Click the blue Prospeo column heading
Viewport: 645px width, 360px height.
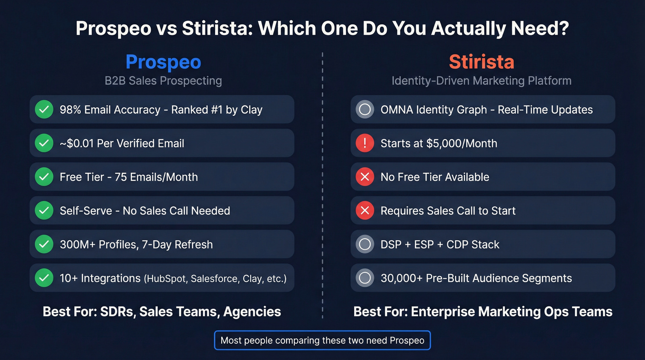click(x=163, y=62)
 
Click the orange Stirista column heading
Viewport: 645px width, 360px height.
click(x=481, y=62)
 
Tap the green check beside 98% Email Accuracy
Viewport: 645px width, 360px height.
click(x=44, y=110)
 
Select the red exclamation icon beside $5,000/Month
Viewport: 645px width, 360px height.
click(x=365, y=143)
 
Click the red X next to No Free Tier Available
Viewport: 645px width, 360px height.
click(x=365, y=177)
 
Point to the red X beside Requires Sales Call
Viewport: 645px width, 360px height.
click(x=365, y=211)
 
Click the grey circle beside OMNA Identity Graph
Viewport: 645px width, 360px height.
click(x=365, y=110)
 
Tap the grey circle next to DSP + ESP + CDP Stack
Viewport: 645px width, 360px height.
click(x=365, y=244)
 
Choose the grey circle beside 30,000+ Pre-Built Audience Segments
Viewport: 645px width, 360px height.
click(x=365, y=278)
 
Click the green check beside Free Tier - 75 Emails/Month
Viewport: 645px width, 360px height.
click(x=44, y=177)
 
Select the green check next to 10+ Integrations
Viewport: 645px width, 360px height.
click(x=44, y=278)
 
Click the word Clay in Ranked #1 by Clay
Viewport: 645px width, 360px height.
click(x=252, y=110)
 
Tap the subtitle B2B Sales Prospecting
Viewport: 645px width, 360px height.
click(x=163, y=81)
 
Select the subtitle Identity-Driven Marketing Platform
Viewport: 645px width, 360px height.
click(x=481, y=81)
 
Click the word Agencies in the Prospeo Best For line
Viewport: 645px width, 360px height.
click(x=252, y=312)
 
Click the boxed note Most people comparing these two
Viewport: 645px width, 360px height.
click(x=322, y=341)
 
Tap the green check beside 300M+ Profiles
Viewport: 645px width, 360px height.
click(x=44, y=244)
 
